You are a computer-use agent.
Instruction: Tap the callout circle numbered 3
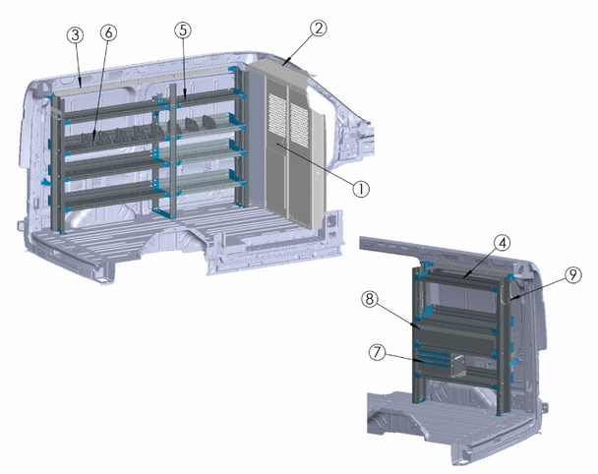click(76, 34)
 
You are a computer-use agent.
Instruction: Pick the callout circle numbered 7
click(377, 351)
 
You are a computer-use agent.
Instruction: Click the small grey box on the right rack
click(458, 366)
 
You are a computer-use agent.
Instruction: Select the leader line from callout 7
click(405, 357)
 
